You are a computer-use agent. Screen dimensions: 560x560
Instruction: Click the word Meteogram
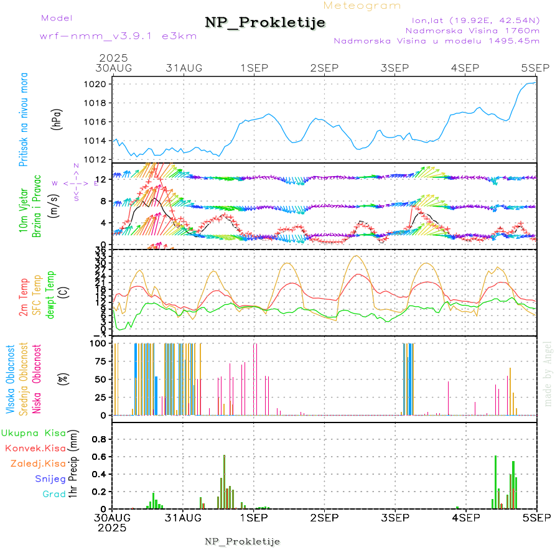(363, 6)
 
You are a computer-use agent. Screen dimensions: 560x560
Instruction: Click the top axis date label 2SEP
(324, 68)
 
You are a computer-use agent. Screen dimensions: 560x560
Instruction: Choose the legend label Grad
(54, 495)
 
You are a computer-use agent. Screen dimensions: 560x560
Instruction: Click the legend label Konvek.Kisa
(35, 448)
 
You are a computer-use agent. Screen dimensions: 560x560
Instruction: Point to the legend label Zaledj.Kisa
(38, 464)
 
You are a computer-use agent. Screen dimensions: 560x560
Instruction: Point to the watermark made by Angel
(548, 373)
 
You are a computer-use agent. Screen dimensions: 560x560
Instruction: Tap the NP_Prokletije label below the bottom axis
(242, 541)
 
